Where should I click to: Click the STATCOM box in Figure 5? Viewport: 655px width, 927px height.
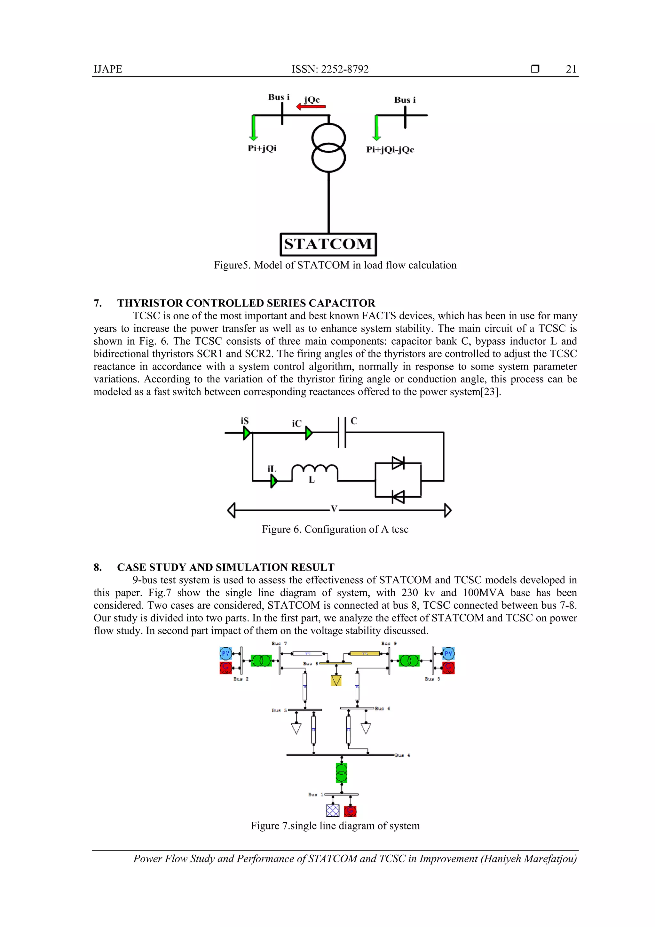click(328, 244)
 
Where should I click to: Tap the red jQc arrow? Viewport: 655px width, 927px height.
click(311, 107)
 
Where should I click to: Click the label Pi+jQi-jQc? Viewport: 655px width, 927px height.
click(390, 149)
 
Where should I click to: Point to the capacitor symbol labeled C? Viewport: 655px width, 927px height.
click(342, 433)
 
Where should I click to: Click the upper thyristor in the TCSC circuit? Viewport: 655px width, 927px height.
click(398, 463)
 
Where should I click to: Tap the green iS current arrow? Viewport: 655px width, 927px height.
click(247, 433)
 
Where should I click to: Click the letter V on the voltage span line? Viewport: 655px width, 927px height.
click(334, 509)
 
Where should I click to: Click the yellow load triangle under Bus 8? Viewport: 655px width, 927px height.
click(336, 681)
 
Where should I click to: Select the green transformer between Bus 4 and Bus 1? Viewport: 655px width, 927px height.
click(342, 772)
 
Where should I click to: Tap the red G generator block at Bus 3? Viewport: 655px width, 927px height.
click(448, 668)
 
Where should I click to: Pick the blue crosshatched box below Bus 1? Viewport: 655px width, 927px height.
click(333, 810)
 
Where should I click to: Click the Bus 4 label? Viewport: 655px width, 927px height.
click(402, 755)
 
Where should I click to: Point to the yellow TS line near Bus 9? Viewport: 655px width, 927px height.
click(364, 653)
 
